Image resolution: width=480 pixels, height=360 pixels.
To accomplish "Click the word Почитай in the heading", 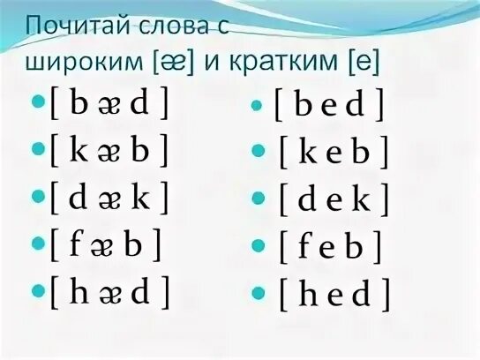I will coord(83,26).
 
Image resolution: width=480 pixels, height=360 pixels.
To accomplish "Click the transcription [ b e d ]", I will coord(328,106).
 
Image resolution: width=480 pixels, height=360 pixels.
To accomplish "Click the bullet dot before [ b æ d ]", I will coord(37,104).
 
